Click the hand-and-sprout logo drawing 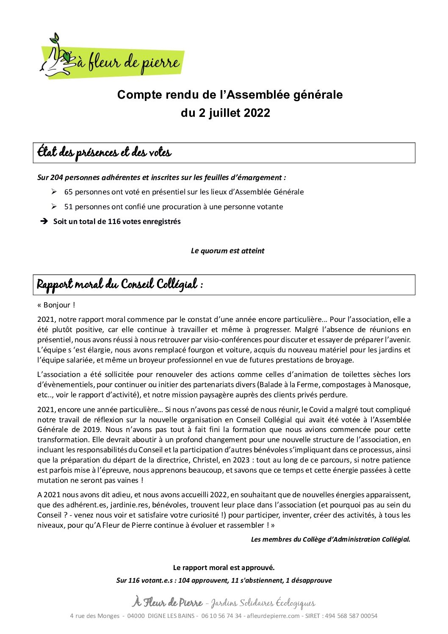point(57,57)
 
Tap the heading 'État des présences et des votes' point(104,152)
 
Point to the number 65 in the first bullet point(69,192)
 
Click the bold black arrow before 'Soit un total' point(44,221)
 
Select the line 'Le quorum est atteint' point(227,251)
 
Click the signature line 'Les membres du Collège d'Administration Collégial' point(330,539)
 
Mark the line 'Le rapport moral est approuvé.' point(224,568)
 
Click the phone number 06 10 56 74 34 point(221,616)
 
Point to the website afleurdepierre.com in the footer point(274,616)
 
